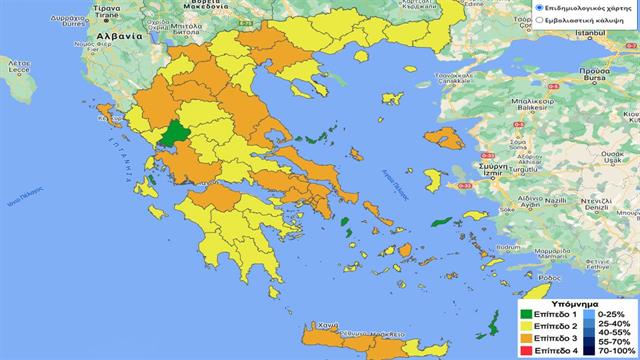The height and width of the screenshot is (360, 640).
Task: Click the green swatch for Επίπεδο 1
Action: [526, 313]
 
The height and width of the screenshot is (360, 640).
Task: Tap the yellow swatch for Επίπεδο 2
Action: [526, 326]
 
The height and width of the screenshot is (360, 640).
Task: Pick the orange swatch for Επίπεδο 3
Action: [526, 339]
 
